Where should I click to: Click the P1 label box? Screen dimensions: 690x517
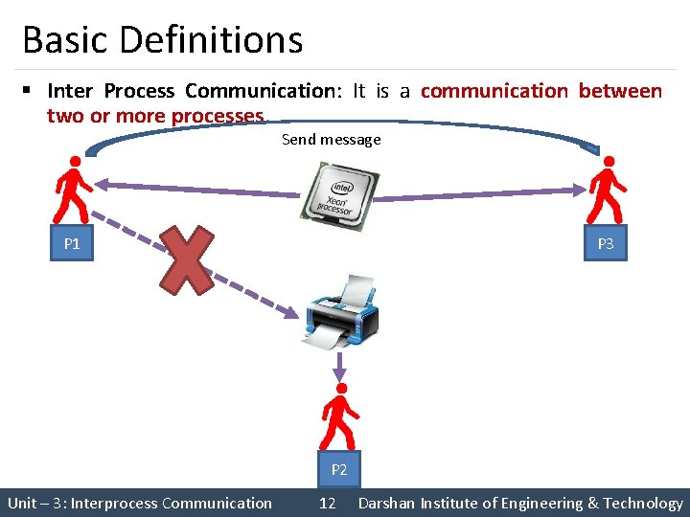(x=72, y=244)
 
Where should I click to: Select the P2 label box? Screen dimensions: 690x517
(x=339, y=470)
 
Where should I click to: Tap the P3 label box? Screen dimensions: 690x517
(x=606, y=244)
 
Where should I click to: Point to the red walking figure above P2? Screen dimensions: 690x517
(x=339, y=417)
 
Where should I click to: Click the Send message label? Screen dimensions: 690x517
(x=331, y=140)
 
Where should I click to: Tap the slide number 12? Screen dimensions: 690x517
(x=327, y=503)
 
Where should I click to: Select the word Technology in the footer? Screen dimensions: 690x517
(x=644, y=503)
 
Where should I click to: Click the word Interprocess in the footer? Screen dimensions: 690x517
(x=115, y=503)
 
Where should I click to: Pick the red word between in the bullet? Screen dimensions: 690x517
(x=619, y=91)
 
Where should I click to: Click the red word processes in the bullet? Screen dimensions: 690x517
(x=218, y=116)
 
